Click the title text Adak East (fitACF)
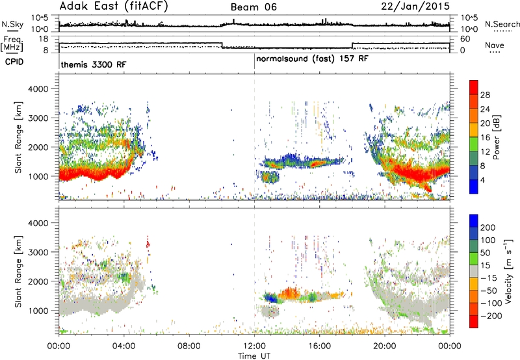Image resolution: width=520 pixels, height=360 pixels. click(114, 6)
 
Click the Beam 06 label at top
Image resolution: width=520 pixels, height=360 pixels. click(253, 7)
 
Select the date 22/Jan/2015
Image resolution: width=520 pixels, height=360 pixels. click(415, 6)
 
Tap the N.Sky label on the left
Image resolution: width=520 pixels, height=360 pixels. click(12, 24)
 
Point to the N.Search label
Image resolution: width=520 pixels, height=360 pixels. click(502, 24)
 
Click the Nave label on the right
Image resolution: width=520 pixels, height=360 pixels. click(495, 45)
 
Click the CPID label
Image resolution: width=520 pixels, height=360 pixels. click(14, 62)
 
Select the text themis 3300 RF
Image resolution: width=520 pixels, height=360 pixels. click(94, 64)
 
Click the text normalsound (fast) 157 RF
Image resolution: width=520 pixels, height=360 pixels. click(312, 58)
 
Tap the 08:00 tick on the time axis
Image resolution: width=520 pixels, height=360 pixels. click(189, 346)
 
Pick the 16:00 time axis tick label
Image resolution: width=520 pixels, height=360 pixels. click(319, 346)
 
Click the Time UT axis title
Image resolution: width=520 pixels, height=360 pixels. click(254, 355)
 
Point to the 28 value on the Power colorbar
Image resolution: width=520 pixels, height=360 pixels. click(485, 95)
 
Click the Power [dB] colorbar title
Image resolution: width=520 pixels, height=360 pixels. click(496, 137)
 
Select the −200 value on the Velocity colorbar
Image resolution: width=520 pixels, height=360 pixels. click(491, 316)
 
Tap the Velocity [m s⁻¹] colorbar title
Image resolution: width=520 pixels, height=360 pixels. click(508, 270)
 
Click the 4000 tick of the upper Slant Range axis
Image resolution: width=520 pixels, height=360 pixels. click(38, 89)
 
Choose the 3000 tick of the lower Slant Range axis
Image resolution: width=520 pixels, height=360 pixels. click(38, 252)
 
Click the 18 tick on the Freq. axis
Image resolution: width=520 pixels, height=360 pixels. click(44, 39)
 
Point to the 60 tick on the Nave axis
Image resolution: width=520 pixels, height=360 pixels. click(465, 39)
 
